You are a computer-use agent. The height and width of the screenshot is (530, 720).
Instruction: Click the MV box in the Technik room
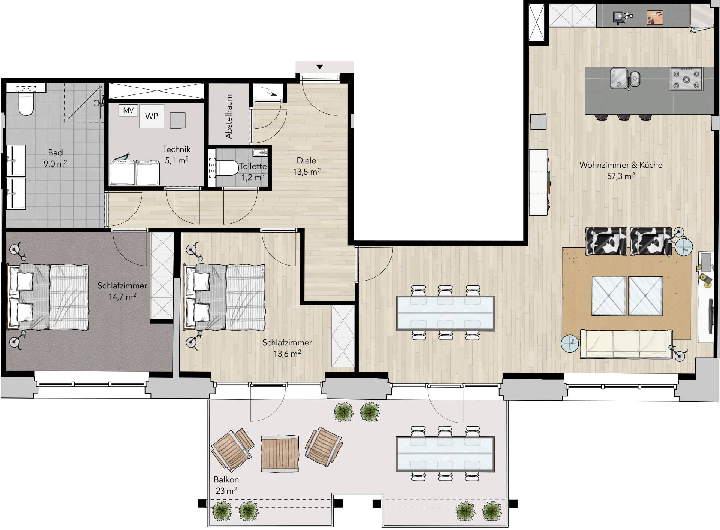[128, 110]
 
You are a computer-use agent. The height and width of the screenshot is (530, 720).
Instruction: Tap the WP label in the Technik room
[151, 116]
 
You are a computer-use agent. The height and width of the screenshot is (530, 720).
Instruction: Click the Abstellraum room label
[229, 116]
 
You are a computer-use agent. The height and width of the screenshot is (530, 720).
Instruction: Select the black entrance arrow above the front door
[319, 67]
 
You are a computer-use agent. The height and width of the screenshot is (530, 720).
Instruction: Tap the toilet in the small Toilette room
[227, 168]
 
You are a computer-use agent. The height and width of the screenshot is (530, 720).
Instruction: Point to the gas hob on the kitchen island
[686, 79]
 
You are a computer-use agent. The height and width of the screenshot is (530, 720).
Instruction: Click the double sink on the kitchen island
[625, 78]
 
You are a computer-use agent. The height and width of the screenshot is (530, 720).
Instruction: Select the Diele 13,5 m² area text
[307, 166]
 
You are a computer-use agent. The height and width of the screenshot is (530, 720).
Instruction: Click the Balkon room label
[226, 479]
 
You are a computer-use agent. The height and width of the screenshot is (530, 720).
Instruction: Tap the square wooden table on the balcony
[280, 454]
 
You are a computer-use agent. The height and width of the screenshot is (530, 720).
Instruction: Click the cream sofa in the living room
[626, 344]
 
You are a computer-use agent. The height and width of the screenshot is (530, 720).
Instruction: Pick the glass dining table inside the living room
[445, 314]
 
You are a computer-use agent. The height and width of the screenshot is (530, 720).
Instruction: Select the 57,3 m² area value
[621, 176]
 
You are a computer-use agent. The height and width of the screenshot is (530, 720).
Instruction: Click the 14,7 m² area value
[122, 297]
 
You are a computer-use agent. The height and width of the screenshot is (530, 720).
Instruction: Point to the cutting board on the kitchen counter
[655, 18]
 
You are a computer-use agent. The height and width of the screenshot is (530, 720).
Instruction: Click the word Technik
[176, 149]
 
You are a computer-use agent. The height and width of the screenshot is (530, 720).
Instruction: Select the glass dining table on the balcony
[445, 454]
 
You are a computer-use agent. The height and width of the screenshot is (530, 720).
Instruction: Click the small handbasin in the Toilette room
[260, 152]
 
